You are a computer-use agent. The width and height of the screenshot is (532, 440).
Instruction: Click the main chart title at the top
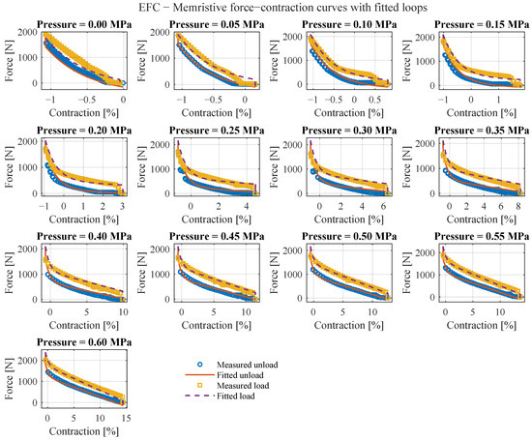click(x=283, y=7)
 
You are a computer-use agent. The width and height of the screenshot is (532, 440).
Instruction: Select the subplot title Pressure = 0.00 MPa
click(x=84, y=25)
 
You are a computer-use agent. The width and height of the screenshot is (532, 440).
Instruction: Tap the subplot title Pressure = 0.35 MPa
click(x=482, y=131)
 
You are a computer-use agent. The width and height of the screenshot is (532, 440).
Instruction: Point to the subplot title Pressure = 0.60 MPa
click(x=84, y=342)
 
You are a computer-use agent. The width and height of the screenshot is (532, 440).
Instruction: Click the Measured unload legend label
click(x=247, y=365)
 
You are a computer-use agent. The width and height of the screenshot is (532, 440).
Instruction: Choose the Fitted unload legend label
click(x=240, y=375)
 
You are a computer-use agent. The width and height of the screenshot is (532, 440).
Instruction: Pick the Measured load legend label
click(x=243, y=386)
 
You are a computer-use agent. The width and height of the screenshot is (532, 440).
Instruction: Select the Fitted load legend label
click(x=235, y=396)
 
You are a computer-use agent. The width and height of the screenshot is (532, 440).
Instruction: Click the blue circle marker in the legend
click(x=200, y=365)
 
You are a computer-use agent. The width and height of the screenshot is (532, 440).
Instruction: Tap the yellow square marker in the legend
click(x=200, y=386)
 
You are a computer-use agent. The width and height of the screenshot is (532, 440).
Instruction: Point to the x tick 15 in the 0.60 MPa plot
click(x=126, y=418)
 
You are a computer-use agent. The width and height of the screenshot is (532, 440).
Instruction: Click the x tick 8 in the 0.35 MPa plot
click(x=518, y=206)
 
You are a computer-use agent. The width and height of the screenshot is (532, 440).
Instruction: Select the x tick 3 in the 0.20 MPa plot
click(x=122, y=206)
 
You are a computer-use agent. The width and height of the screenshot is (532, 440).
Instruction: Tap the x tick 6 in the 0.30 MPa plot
click(x=383, y=206)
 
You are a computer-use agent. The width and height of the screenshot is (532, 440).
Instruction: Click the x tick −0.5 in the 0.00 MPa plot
click(x=86, y=100)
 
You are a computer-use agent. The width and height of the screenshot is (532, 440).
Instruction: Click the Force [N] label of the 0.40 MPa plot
click(x=9, y=274)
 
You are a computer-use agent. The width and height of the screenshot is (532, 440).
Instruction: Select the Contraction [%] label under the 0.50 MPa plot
click(x=349, y=325)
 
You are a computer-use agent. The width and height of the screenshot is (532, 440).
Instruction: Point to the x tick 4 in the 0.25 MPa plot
click(x=246, y=206)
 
